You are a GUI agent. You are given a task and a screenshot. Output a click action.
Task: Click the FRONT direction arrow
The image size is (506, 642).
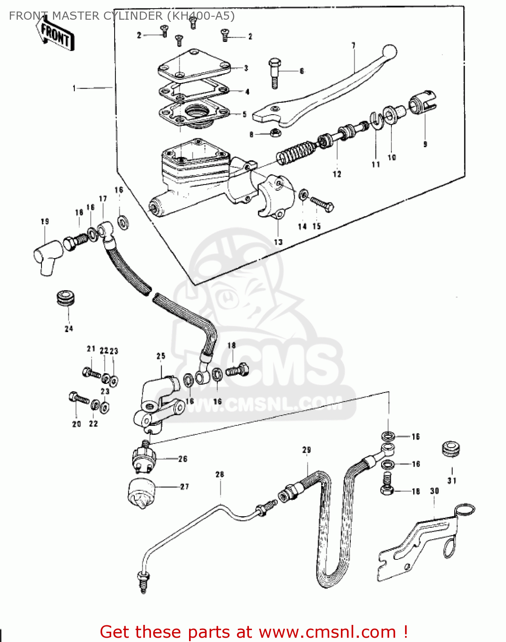pos(55,36)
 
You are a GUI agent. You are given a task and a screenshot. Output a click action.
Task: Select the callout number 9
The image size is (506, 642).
pos(425,145)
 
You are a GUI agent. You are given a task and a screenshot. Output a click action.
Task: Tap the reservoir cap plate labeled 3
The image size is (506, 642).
pos(195,67)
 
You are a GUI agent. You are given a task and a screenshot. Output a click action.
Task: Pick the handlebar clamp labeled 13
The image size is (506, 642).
pos(276,197)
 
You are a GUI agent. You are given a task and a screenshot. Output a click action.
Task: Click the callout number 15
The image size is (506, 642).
pos(317,226)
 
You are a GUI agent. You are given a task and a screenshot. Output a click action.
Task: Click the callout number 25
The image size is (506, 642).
pos(160,356)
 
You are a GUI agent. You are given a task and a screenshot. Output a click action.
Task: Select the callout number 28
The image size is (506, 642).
pos(219,474)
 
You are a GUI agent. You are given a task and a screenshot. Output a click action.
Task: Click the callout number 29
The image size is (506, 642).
pos(306,450)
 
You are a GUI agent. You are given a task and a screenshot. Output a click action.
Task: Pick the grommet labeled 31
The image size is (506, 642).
pos(451,449)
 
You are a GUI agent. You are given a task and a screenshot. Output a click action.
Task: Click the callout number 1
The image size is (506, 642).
pos(74,88)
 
